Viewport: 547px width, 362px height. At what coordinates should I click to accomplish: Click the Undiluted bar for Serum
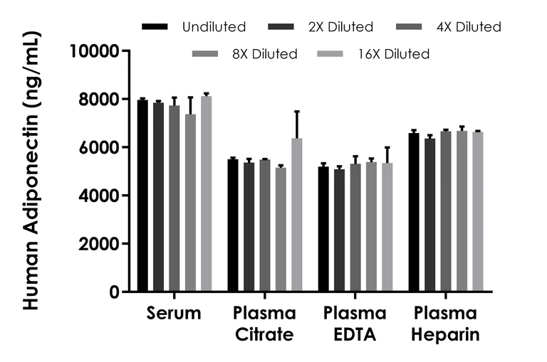point(142,196)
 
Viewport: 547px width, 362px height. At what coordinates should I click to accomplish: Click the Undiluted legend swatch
point(155,27)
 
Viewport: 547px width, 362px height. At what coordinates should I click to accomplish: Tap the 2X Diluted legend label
point(340,27)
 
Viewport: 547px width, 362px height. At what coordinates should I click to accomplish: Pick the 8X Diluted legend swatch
point(207,53)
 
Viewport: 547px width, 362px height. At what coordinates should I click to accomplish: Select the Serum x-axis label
point(174,314)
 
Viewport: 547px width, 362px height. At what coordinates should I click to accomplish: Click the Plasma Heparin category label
point(446,324)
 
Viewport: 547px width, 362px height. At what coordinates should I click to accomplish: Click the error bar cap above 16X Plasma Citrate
point(296,112)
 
